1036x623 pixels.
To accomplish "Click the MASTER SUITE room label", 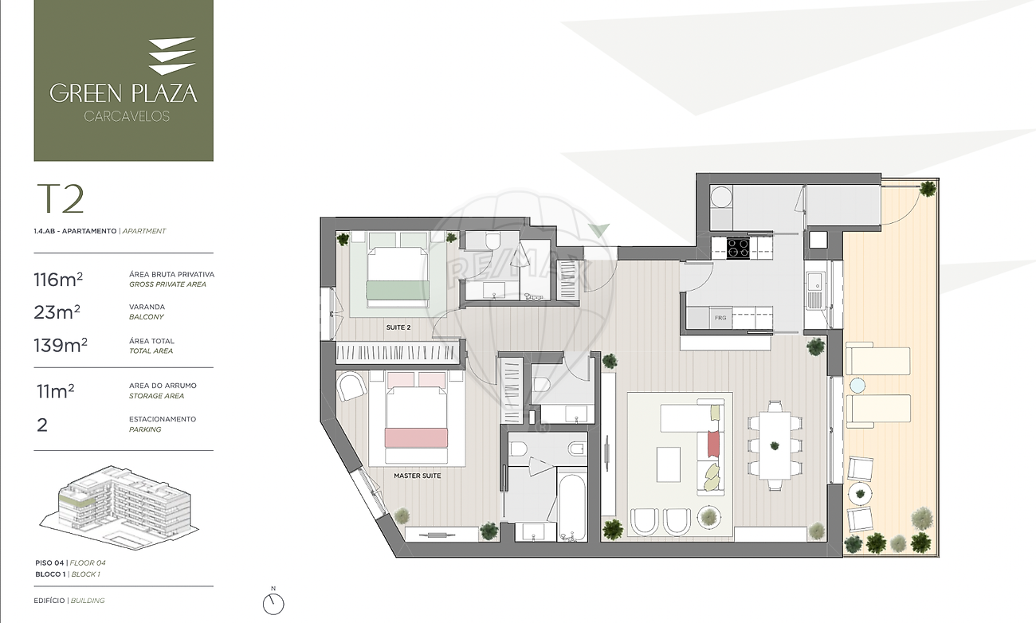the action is point(417,476).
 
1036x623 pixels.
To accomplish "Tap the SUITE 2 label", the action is point(398,327).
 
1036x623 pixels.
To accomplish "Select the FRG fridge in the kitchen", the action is point(720,318).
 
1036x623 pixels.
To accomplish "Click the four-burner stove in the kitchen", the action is point(738,248).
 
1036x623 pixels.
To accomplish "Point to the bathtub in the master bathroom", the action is point(572,504).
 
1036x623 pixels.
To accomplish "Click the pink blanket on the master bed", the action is point(416,438).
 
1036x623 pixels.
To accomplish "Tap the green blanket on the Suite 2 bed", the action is point(398,290).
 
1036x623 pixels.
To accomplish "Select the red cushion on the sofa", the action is point(713,444).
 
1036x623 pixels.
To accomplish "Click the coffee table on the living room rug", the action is point(669,464).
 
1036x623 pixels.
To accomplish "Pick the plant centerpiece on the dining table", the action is point(775,446).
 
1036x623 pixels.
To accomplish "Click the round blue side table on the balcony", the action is point(857,386).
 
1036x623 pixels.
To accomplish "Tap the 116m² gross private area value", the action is point(58,280).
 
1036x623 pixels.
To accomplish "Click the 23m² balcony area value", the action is point(57,312).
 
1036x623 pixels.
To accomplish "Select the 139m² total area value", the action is point(61,345).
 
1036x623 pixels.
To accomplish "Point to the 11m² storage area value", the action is point(56,391).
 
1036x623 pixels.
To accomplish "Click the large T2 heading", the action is point(61,199).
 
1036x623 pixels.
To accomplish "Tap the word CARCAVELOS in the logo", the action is point(127,116).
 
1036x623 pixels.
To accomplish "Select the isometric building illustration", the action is point(120,507).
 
